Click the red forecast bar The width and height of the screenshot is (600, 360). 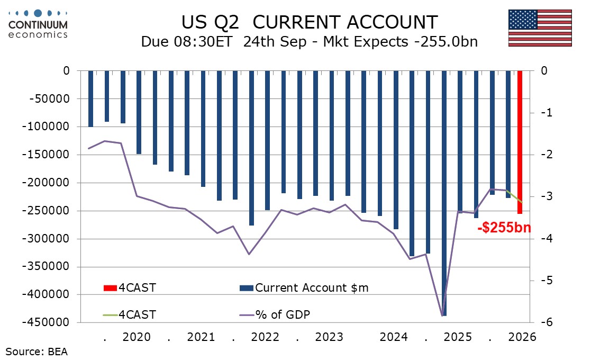click(520, 142)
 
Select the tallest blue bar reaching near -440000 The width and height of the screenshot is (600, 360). click(444, 193)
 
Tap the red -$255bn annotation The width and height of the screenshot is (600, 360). click(504, 228)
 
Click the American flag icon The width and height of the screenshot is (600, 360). click(540, 28)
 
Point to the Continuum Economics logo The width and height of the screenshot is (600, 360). click(38, 24)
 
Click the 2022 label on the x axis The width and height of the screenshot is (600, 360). click(265, 337)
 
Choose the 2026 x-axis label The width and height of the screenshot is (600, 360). click(522, 337)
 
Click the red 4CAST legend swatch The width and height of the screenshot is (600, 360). click(110, 287)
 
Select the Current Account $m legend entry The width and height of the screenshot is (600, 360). click(304, 287)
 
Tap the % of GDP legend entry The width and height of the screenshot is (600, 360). click(275, 315)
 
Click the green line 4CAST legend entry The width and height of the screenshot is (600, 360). click(129, 315)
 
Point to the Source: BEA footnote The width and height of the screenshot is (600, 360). click(37, 352)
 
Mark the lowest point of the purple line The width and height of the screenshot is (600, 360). click(443, 316)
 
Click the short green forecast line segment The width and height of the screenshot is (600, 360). click(514, 196)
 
